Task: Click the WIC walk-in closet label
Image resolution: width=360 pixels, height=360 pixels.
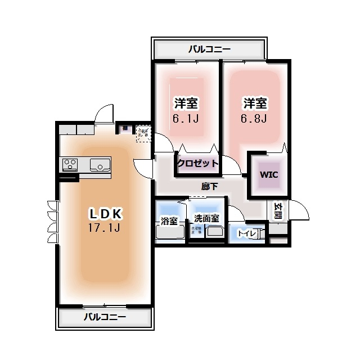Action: pyautogui.click(x=268, y=174)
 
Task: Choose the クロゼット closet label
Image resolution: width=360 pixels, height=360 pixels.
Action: pyautogui.click(x=197, y=163)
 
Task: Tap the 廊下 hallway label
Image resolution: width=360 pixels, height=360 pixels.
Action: pyautogui.click(x=209, y=186)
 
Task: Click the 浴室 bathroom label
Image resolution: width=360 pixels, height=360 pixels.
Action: pyautogui.click(x=169, y=220)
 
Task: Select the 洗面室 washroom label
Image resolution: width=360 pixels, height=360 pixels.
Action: pyautogui.click(x=206, y=218)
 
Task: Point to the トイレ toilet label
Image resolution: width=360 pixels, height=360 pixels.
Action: pyautogui.click(x=247, y=233)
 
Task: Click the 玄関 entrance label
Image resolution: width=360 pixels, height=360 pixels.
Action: pyautogui.click(x=278, y=210)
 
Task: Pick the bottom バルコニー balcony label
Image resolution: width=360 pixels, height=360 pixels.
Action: pyautogui.click(x=105, y=317)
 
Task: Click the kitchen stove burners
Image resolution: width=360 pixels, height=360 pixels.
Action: pyautogui.click(x=70, y=165)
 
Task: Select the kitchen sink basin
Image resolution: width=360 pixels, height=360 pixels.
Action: pyautogui.click(x=100, y=165)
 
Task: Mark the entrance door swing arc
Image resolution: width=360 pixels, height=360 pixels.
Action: pyautogui.click(x=301, y=210)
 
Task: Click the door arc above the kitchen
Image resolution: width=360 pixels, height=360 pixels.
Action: pyautogui.click(x=104, y=112)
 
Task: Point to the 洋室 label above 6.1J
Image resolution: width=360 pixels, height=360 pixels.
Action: pyautogui.click(x=186, y=103)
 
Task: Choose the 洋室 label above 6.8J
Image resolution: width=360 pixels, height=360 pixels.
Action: pyautogui.click(x=255, y=103)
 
